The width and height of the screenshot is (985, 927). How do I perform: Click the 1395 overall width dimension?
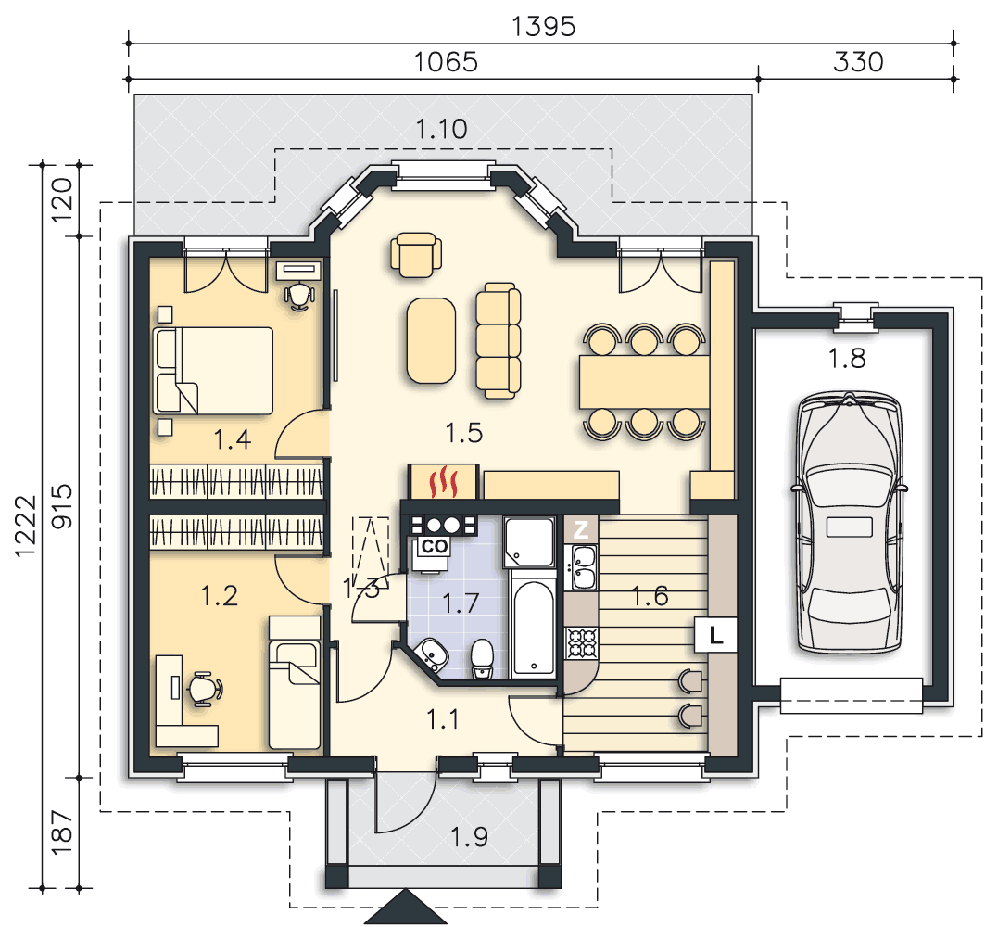(543, 27)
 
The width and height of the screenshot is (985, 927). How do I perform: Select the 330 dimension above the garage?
(858, 62)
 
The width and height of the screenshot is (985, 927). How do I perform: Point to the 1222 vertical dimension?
(26, 527)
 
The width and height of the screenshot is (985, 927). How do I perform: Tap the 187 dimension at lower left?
(62, 832)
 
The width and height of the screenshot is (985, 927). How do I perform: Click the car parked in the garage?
(850, 523)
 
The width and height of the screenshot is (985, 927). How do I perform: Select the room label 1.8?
(847, 359)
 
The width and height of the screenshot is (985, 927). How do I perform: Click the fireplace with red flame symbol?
(444, 481)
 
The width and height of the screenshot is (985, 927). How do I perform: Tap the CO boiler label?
(434, 546)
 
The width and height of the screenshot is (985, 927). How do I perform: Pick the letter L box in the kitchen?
(715, 635)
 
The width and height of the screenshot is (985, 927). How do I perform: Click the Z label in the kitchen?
(581, 529)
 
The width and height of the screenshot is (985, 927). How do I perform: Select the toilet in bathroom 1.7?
(482, 659)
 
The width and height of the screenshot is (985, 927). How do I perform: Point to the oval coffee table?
(431, 340)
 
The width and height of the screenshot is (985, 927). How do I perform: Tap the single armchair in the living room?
(416, 255)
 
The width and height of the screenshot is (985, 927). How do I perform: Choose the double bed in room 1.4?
(213, 370)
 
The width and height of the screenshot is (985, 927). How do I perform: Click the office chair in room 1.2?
(205, 689)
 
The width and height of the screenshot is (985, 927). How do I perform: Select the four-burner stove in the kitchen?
(581, 642)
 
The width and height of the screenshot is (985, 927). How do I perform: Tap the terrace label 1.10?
(442, 130)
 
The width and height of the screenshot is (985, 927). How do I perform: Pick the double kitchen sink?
(583, 568)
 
